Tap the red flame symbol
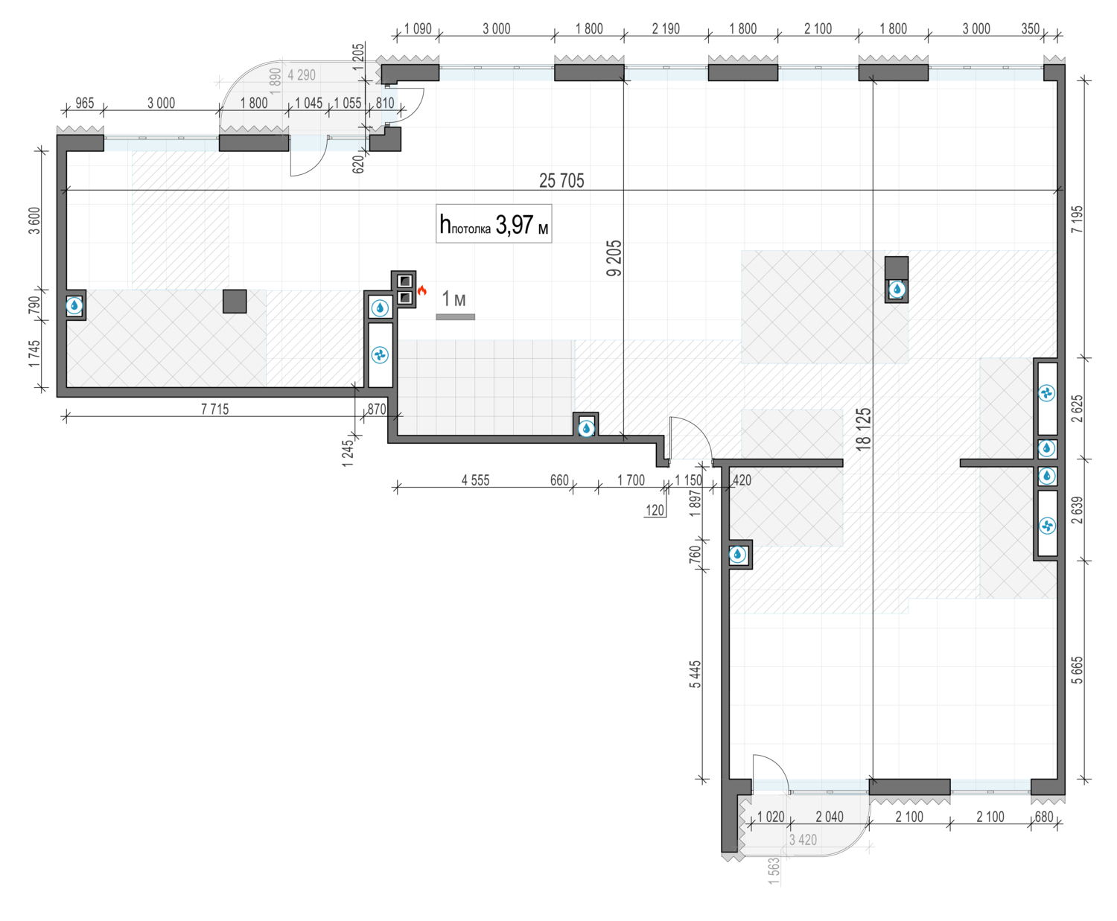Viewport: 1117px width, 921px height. (x=422, y=290)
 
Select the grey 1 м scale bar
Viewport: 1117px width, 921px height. (x=455, y=317)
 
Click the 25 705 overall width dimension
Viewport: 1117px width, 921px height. (x=561, y=181)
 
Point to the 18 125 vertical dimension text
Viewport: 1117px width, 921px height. (x=863, y=429)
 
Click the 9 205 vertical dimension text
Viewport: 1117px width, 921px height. (x=614, y=258)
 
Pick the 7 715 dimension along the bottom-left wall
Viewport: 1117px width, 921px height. (x=214, y=409)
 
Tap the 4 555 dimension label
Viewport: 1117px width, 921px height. (x=476, y=480)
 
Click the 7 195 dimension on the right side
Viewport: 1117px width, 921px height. (x=1077, y=219)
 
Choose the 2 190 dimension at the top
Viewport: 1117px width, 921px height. (x=666, y=28)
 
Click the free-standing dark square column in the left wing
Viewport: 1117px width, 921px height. (x=235, y=302)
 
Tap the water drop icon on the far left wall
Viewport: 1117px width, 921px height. (x=74, y=306)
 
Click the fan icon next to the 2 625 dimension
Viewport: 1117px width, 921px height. (x=1046, y=394)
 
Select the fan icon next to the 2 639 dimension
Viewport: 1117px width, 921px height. (x=1047, y=526)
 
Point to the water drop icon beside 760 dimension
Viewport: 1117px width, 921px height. (x=737, y=555)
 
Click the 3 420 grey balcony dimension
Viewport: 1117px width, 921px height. (x=803, y=840)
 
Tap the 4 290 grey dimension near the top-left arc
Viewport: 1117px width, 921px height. (x=301, y=75)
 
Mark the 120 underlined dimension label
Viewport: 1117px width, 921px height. (x=655, y=510)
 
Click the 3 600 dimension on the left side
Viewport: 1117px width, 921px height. (x=34, y=220)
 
